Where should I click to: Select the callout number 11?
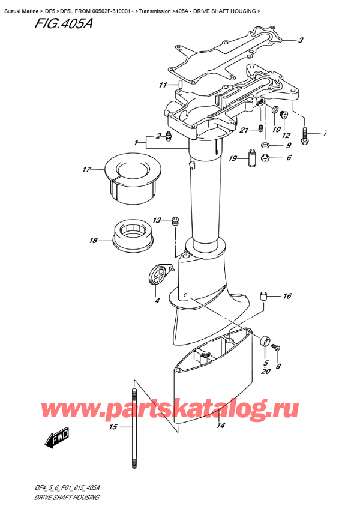[x=161, y=85]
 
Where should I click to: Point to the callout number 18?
[x=93, y=241]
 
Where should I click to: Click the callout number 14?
[x=220, y=426]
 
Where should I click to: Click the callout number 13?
[x=157, y=220]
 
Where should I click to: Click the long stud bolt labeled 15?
[x=134, y=426]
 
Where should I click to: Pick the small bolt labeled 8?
[x=277, y=347]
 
